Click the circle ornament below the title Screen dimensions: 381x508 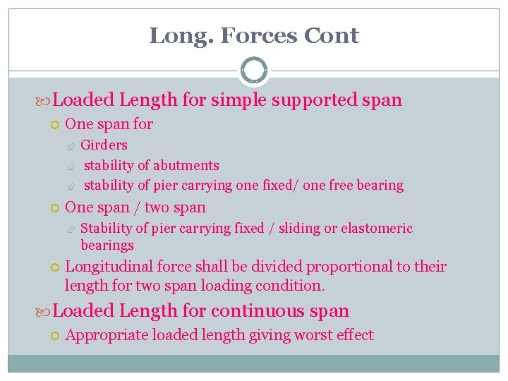[254, 71]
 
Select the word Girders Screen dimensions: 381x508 [104, 145]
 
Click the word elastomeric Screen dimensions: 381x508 [377, 229]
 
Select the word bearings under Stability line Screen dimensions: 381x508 [107, 246]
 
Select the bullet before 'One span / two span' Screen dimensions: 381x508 [55, 208]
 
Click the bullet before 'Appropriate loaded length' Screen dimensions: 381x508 [55, 336]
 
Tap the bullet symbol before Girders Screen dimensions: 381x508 [71, 146]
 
